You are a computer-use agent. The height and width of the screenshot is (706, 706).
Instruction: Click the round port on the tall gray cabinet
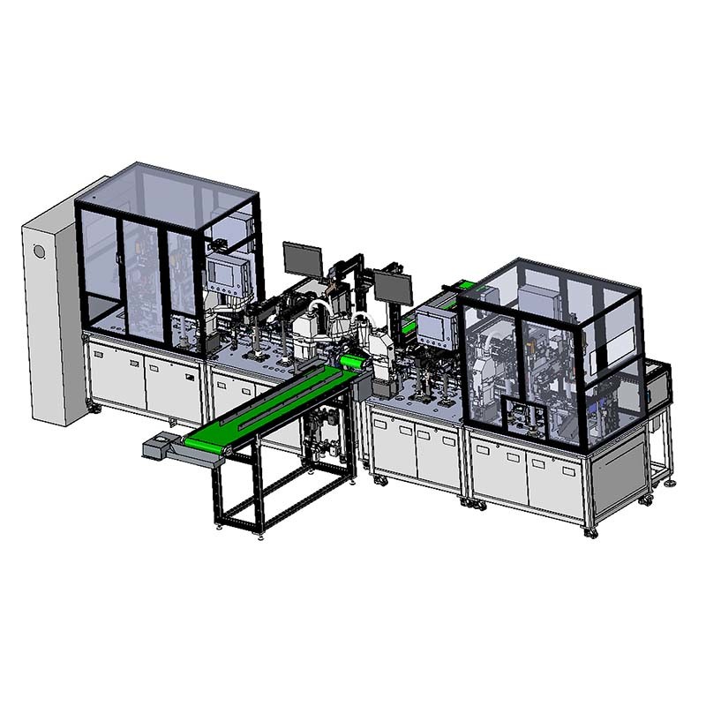point(40,252)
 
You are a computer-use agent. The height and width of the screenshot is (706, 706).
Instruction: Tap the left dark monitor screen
point(302,259)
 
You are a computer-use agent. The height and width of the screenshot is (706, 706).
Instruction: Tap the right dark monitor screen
point(393,287)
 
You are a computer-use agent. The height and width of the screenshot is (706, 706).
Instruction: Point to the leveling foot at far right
point(672,481)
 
